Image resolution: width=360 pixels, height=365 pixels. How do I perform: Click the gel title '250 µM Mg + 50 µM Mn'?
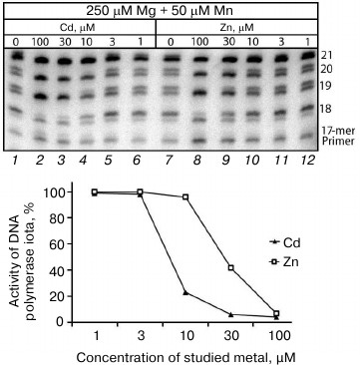tap(159, 9)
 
